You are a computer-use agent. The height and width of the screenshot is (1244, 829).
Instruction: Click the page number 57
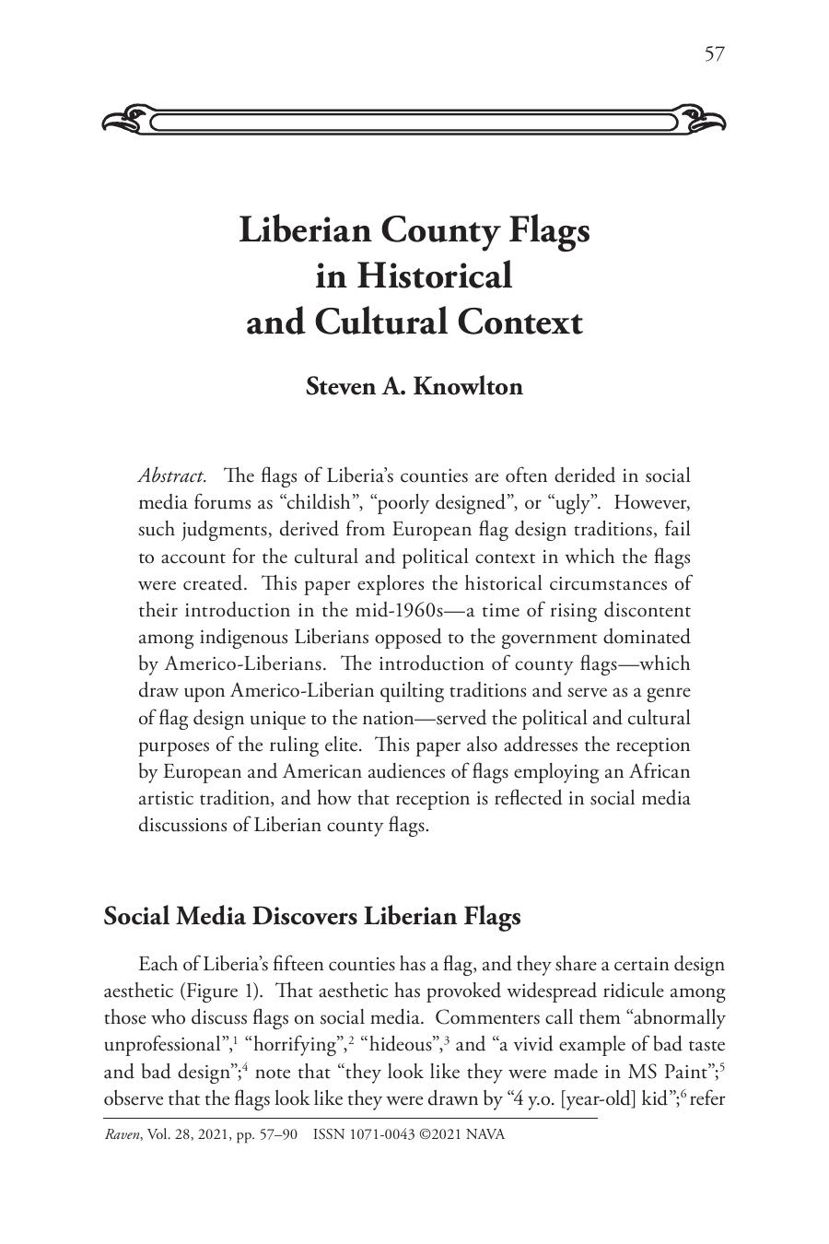coord(714,54)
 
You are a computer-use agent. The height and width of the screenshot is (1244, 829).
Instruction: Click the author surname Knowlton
coord(468,386)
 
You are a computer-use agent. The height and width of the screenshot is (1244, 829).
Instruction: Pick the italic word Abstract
coord(172,476)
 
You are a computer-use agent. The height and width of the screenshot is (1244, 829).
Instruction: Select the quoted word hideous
coord(402,1045)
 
